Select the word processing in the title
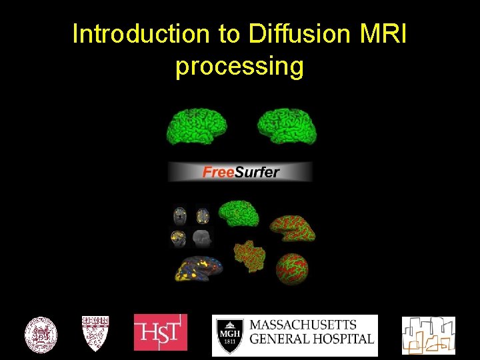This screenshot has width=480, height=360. point(239,66)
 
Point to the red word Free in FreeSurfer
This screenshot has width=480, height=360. point(218,172)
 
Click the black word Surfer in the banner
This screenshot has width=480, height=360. point(257,172)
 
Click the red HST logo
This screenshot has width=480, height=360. point(161,332)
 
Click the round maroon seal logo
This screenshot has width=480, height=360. point(41,335)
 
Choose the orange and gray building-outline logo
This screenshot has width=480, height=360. point(428,335)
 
